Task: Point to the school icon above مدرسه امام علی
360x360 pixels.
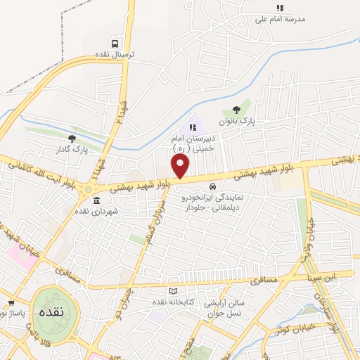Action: pyautogui.click(x=280, y=8)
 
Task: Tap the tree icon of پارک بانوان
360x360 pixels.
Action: pyautogui.click(x=236, y=110)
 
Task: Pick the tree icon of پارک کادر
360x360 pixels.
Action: pyautogui.click(x=72, y=139)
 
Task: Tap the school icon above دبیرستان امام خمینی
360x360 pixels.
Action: pyautogui.click(x=192, y=127)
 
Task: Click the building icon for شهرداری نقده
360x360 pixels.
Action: pyautogui.click(x=96, y=200)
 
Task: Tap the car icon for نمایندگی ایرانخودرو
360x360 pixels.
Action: pyautogui.click(x=213, y=186)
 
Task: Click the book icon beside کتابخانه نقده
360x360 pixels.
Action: pyautogui.click(x=174, y=291)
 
